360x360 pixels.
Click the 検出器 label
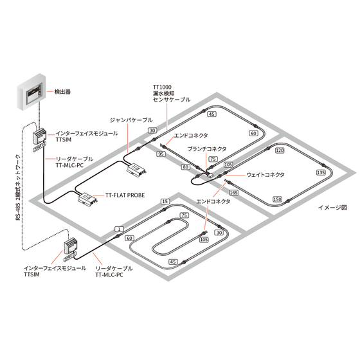click(x=62, y=92)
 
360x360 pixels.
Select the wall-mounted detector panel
click(x=32, y=92)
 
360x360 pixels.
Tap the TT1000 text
click(x=162, y=87)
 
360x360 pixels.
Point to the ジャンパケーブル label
click(x=131, y=120)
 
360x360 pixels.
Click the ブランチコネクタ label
click(x=207, y=148)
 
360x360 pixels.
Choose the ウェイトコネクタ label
click(x=265, y=175)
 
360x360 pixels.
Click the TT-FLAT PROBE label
click(x=125, y=195)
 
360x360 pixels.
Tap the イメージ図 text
click(x=332, y=208)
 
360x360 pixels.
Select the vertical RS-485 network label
click(x=18, y=188)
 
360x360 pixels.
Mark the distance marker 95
click(x=161, y=154)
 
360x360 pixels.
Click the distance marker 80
click(x=186, y=167)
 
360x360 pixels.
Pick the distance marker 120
click(x=280, y=150)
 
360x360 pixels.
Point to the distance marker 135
click(x=321, y=172)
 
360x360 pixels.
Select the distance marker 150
click(x=277, y=199)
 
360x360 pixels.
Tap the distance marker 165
click(x=233, y=192)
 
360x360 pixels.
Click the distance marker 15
click(x=165, y=202)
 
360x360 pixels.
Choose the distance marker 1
click(x=119, y=229)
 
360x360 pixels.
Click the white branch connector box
click(x=210, y=175)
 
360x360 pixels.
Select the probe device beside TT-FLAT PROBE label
click(x=87, y=199)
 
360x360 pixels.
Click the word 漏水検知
click(x=163, y=93)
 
